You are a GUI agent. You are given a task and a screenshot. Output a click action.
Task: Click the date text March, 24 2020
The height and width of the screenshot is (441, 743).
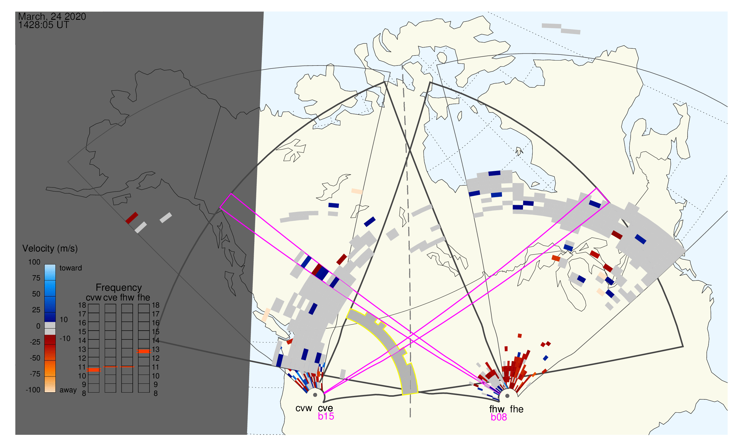point(52,17)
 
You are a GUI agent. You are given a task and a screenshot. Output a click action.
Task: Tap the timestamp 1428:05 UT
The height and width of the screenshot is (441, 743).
point(44,25)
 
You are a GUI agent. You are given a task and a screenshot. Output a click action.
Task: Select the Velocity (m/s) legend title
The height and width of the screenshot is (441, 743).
point(50,249)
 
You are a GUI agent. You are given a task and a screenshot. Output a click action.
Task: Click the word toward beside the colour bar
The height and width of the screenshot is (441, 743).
point(71,268)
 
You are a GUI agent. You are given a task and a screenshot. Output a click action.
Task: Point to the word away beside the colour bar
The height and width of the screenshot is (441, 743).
point(68,390)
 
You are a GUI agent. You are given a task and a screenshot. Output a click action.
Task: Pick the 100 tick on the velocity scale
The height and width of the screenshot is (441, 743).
point(34,262)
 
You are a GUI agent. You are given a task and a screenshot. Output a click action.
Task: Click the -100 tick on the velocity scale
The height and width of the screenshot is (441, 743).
point(33,390)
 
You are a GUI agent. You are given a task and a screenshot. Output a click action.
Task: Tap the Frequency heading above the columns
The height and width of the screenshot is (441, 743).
point(119,288)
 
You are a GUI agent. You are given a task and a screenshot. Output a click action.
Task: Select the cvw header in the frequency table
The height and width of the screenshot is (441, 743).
point(94,298)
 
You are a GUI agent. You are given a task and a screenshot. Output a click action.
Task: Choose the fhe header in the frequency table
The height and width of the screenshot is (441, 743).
point(144,298)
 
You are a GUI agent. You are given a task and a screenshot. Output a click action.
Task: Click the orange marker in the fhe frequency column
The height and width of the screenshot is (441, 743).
point(144,352)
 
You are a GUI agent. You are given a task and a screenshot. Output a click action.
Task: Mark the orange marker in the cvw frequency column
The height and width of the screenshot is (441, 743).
point(94,370)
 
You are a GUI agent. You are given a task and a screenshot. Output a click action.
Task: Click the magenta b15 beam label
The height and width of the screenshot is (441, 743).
point(326,416)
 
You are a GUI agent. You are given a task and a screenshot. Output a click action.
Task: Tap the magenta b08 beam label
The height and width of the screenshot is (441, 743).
point(499,417)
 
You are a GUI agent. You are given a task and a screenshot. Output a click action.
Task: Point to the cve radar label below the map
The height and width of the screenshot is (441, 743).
point(325,409)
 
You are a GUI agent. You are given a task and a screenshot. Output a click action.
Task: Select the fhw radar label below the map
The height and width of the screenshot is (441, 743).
point(497,409)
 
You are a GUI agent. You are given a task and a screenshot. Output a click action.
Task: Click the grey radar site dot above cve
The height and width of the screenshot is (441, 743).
point(315,396)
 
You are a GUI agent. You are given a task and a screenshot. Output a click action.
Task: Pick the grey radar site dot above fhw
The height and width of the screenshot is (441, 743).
point(508,396)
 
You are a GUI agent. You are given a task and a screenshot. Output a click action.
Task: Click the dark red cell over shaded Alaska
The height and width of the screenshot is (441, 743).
point(132,218)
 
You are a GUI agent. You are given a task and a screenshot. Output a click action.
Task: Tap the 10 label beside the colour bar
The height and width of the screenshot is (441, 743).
point(64,320)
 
